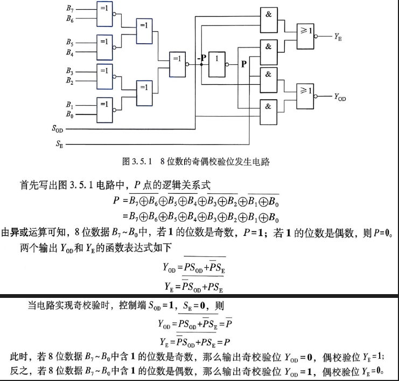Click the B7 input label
coord(70,9)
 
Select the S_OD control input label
coord(58,128)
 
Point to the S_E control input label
coord(60,144)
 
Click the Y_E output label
coord(338,37)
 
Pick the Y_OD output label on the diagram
coord(340,97)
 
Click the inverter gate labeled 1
coord(217,65)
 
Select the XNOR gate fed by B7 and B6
coord(104,14)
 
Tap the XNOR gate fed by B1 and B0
coord(104,110)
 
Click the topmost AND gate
coord(269,20)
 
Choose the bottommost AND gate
coord(269,112)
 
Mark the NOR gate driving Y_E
coord(305,37)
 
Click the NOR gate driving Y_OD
coord(305,97)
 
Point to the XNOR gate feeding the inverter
coord(177,65)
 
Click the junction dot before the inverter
coord(201,65)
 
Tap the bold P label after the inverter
coord(244,64)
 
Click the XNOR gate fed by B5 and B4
coord(104,47)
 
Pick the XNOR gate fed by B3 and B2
coord(104,77)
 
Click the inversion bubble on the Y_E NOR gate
coord(316,37)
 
